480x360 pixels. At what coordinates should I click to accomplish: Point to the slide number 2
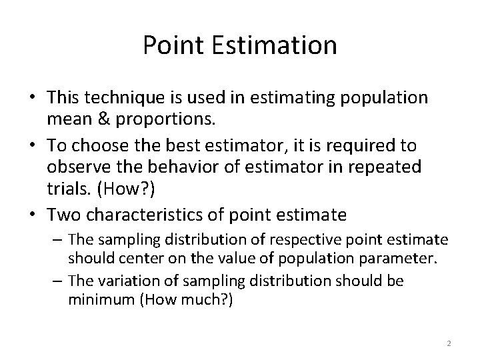[x=449, y=343]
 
